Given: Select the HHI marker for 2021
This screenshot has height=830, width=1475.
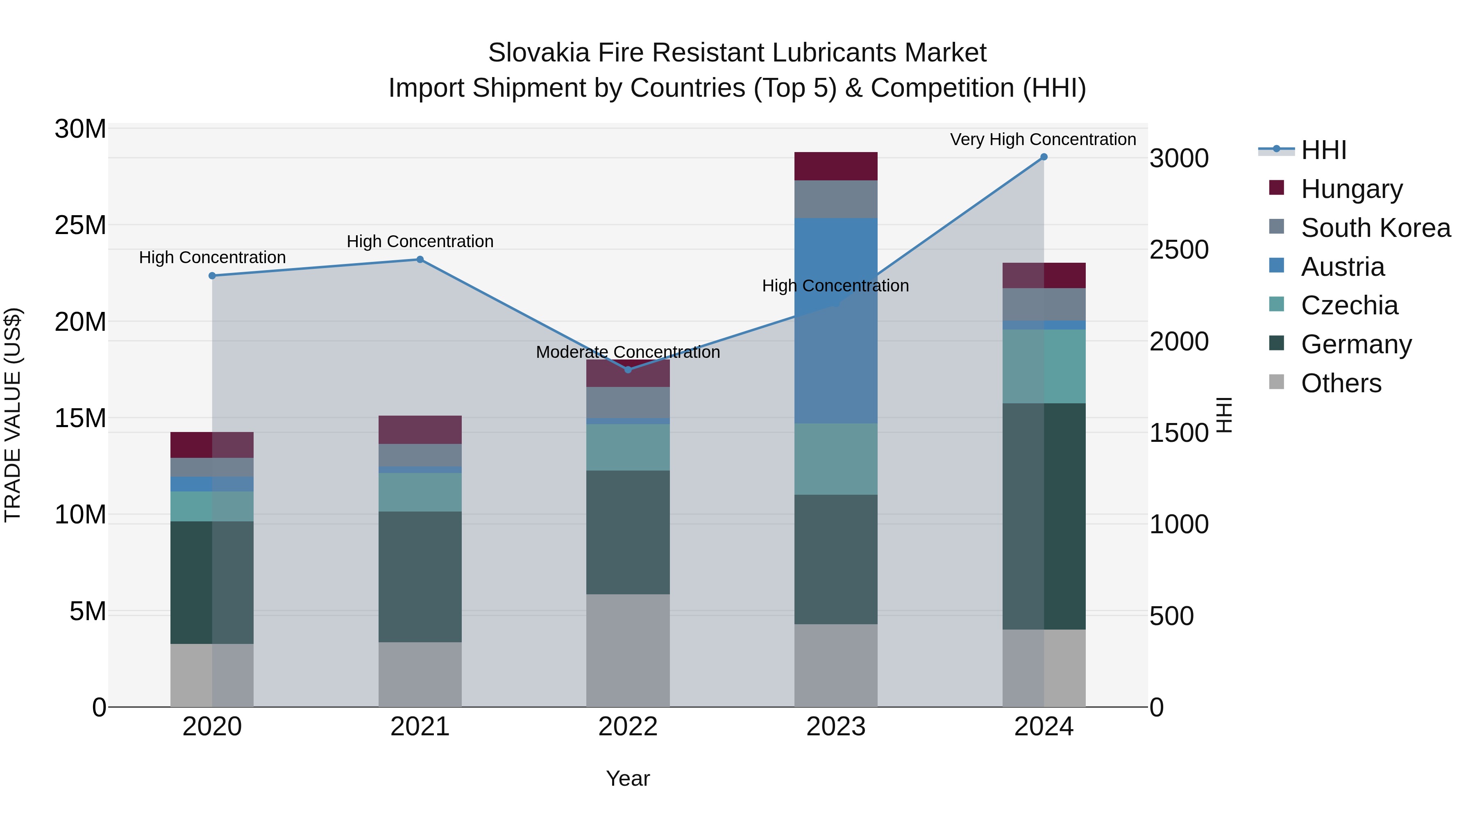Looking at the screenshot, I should pos(420,259).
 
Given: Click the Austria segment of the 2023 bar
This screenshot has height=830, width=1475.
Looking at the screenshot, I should pos(835,321).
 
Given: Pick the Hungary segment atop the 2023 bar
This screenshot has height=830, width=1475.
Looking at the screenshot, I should pos(835,166).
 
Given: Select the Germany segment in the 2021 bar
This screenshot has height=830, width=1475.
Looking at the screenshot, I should pos(420,576).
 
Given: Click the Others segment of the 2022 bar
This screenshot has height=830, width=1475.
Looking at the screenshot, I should pos(628,650).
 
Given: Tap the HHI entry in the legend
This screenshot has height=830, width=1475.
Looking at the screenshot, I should pos(1323,150).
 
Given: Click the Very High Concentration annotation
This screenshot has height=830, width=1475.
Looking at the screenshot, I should pos(1043,139).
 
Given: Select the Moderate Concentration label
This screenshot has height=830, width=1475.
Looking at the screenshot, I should pos(628,352).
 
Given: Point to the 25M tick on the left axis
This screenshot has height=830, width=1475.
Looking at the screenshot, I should pos(80,225).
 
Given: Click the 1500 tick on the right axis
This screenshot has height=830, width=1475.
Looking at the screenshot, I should pos(1179,433).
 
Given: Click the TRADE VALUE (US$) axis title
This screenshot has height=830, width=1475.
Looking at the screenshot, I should pos(13,415).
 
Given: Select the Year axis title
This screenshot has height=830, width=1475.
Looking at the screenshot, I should pos(628,778).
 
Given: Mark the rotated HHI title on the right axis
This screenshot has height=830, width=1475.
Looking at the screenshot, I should pos(1223,415).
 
